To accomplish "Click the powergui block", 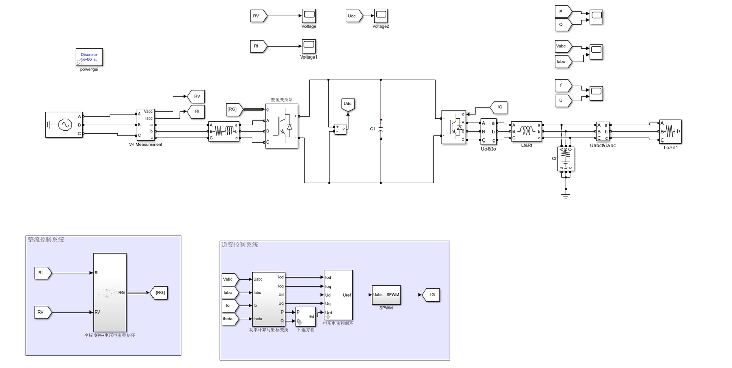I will (89, 58).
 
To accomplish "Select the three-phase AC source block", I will (64, 125).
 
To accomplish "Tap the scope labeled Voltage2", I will (381, 16).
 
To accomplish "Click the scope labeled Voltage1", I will (309, 46).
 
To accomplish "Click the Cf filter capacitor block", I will (566, 159).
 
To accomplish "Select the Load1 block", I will (670, 132).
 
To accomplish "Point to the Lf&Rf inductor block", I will (527, 131).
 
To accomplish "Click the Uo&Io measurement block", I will (489, 131).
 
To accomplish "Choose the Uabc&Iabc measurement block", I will (603, 131).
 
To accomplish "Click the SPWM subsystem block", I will (386, 295).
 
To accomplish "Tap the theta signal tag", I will (229, 319).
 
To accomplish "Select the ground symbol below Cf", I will (566, 195).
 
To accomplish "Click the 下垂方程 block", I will (306, 317).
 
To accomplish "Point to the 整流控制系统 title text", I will (46, 239).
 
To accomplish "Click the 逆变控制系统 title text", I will (239, 245).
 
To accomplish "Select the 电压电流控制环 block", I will (338, 295).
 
